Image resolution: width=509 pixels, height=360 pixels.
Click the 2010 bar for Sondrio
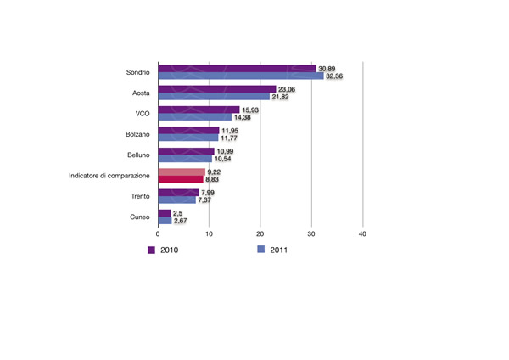(x=237, y=69)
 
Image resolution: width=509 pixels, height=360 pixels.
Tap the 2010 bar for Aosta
(x=217, y=89)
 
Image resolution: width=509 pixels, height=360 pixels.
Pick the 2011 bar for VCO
(x=194, y=117)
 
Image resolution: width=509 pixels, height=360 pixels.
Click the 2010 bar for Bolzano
(x=188, y=131)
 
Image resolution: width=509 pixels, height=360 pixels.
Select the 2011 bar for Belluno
(x=185, y=159)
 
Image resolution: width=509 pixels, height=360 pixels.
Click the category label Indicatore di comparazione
(x=109, y=176)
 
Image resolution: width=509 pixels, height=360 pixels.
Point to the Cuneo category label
(x=139, y=217)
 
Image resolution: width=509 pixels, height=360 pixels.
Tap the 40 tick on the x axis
(x=363, y=233)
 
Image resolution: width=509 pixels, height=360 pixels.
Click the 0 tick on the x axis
(x=158, y=233)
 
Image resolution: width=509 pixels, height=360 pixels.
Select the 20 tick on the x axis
(x=260, y=233)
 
